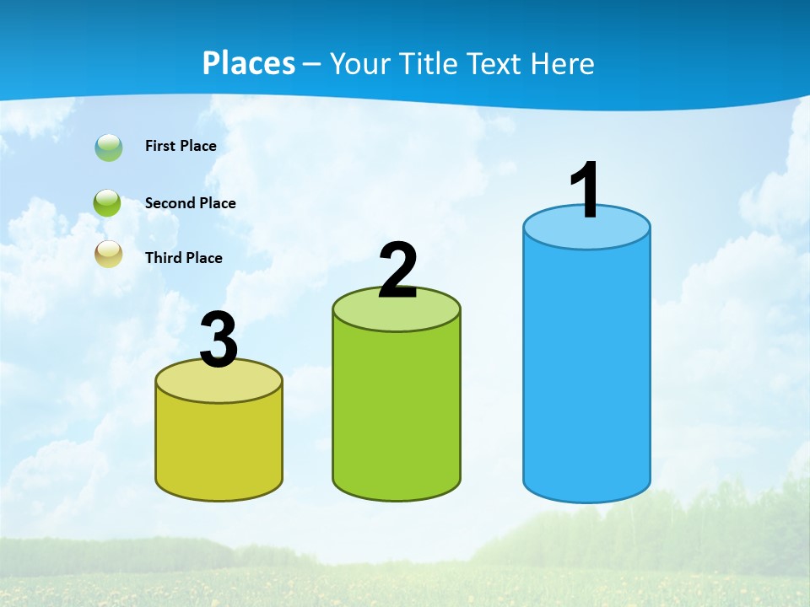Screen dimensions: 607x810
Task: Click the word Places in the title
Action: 249,63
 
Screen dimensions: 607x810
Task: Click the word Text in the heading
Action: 494,63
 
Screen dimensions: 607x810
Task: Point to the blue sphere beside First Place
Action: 109,148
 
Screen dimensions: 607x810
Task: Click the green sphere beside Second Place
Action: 108,203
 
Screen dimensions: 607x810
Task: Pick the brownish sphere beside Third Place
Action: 109,254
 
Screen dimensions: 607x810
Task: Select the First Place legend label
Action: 181,146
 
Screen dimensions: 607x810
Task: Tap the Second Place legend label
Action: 190,203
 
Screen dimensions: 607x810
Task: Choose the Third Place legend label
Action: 184,258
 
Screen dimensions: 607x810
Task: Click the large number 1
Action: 586,191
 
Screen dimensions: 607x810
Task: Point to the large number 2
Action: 398,271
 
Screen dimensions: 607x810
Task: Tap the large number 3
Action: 219,341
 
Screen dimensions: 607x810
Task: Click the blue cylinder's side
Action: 586,371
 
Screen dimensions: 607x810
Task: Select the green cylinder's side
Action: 397,413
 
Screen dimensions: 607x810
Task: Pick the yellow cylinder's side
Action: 219,447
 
